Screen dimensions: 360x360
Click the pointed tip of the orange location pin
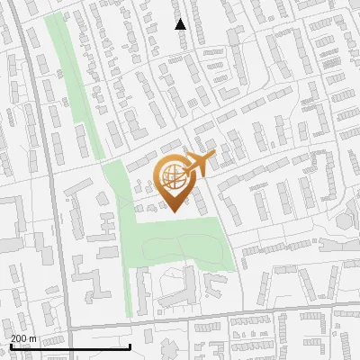[x=172, y=211]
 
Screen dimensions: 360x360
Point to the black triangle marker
[x=181, y=24]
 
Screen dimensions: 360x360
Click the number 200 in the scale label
[x=18, y=338]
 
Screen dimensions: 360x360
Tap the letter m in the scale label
[x=32, y=338]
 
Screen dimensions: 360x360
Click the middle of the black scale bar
[x=70, y=346]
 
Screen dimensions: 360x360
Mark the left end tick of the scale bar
[x=10, y=345]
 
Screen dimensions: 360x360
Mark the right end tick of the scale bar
[x=130, y=345]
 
